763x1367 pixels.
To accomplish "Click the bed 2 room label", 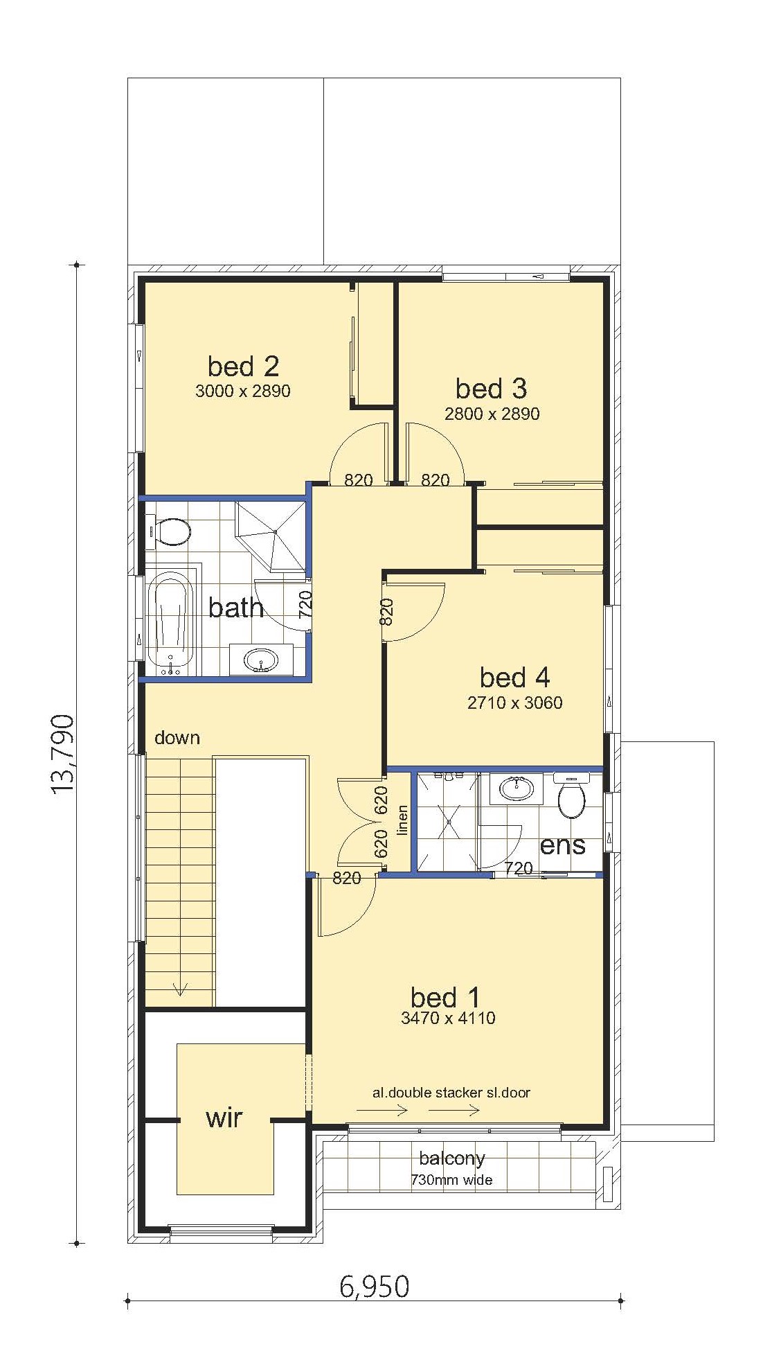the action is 243,366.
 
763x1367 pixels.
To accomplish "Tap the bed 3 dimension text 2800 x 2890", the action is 492,414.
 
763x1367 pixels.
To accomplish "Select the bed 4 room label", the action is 514,677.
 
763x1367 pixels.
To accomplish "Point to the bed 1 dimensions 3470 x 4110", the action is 448,1018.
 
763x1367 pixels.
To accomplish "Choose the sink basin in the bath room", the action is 261,660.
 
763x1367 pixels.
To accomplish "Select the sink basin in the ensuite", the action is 516,788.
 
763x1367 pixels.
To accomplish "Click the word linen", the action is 402,820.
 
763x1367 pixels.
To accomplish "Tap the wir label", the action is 224,1118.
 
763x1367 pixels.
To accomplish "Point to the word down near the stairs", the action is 177,738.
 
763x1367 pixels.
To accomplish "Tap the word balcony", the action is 452,1158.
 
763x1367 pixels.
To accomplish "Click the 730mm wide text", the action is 451,1179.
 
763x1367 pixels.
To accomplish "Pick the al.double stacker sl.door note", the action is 451,1093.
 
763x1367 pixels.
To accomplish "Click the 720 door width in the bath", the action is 305,604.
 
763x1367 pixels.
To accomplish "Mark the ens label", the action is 562,845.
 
